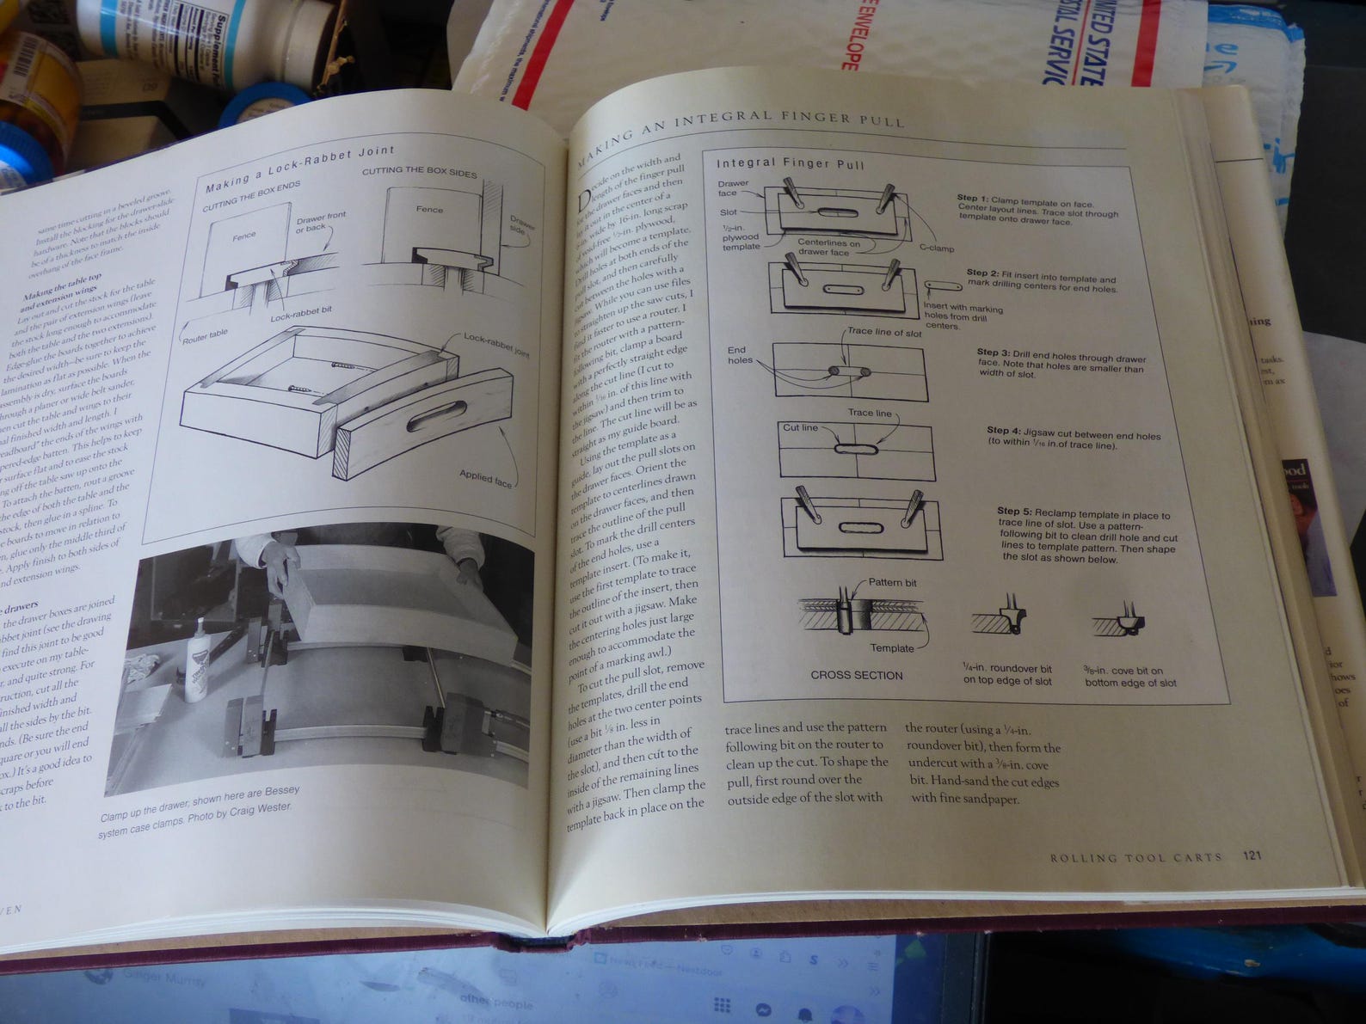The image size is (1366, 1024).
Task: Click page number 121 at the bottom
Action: pyautogui.click(x=1252, y=855)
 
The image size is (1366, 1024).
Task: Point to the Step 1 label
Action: pyautogui.click(x=972, y=198)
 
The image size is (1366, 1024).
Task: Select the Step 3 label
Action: pyautogui.click(x=993, y=353)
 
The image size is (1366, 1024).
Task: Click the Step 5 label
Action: pyautogui.click(x=1014, y=512)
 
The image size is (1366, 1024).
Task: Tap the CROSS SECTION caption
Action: pyautogui.click(x=856, y=675)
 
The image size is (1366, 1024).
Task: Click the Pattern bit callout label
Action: pyautogui.click(x=892, y=582)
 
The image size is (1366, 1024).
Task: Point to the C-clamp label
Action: pyautogui.click(x=936, y=248)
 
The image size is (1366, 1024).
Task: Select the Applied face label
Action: pyautogui.click(x=485, y=478)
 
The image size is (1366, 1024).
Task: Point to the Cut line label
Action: pyautogui.click(x=799, y=427)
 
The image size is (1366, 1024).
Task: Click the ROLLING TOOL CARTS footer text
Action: pyautogui.click(x=1135, y=857)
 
